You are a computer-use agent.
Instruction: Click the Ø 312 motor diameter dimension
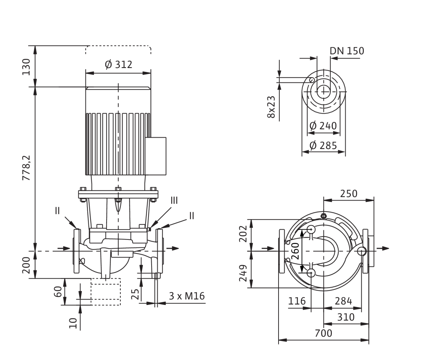pos(119,64)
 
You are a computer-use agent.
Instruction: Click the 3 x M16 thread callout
pos(187,296)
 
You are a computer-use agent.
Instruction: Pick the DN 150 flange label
pos(347,51)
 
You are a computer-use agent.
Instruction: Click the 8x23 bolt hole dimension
pos(271,107)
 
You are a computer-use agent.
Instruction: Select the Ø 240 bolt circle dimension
pos(323,125)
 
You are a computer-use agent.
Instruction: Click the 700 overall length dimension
pos(323,333)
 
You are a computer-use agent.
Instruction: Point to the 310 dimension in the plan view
pos(345,317)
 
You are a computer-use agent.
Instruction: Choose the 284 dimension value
pos(343,301)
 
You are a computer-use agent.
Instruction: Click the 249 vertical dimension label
pos(243,273)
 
